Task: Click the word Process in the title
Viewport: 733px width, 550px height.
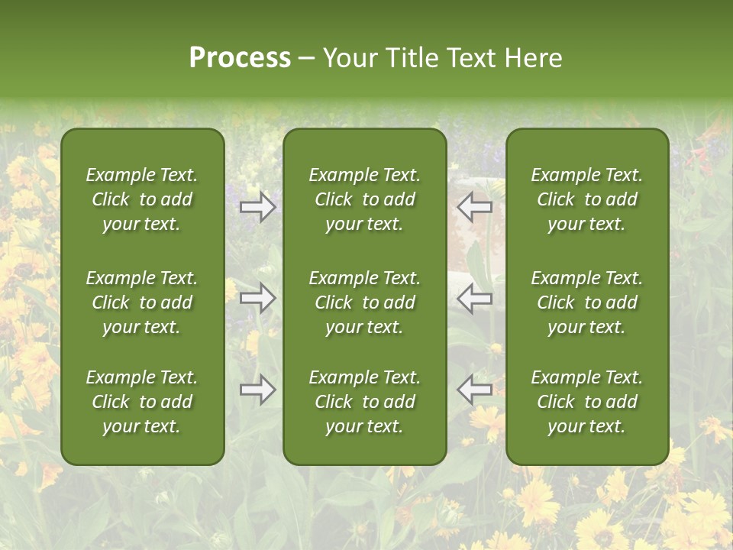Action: pos(240,58)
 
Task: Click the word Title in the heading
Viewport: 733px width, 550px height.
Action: pos(414,58)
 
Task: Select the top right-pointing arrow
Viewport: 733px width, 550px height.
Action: pos(257,207)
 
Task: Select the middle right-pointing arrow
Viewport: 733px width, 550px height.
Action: pos(257,298)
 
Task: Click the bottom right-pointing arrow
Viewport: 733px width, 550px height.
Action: pos(257,390)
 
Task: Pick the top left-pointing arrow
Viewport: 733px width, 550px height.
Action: pos(475,207)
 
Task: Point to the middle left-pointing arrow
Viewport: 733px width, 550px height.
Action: pos(475,298)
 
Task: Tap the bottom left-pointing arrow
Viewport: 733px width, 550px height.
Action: pos(475,390)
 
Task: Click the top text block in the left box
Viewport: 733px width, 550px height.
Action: pos(142,199)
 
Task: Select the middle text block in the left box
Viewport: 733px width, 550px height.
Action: pos(142,302)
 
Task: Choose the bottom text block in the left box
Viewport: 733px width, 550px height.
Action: pos(142,402)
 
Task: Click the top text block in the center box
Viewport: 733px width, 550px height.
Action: pos(364,199)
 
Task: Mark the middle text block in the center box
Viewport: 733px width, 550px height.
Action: pos(364,302)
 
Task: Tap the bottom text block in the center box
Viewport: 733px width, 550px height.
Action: pos(364,402)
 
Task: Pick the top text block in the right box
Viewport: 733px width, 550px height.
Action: pos(587,199)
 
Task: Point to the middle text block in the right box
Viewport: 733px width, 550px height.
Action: pos(587,302)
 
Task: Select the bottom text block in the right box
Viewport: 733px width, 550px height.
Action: pos(587,402)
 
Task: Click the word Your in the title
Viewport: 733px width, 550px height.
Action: pos(350,58)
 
